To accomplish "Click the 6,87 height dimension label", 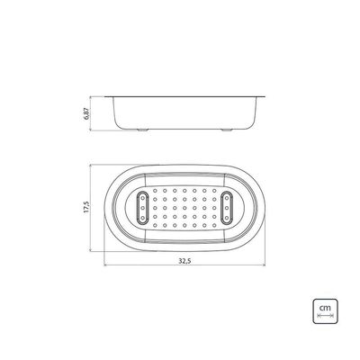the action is pyautogui.click(x=86, y=113).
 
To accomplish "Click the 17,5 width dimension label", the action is pyautogui.click(x=86, y=207).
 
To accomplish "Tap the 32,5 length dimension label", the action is pyautogui.click(x=184, y=261).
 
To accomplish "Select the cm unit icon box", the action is pyautogui.click(x=325, y=311).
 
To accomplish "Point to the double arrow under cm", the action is pyautogui.click(x=325, y=316).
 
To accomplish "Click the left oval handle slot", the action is pyautogui.click(x=142, y=208).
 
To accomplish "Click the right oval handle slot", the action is pyautogui.click(x=227, y=208).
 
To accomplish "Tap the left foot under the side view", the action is pyautogui.click(x=142, y=130).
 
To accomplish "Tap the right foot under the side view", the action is pyautogui.click(x=227, y=130).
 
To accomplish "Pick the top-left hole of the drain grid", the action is pyautogui.click(x=155, y=190).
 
